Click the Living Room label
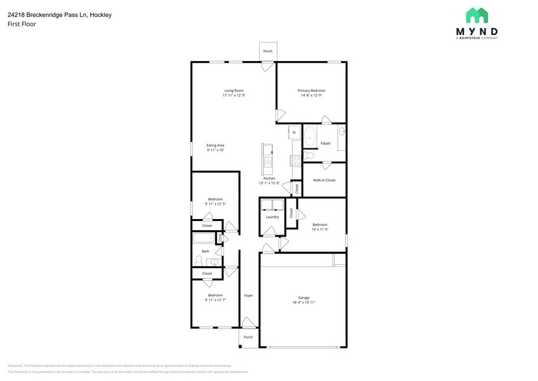click(x=234, y=90)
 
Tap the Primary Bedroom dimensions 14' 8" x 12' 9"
click(x=311, y=96)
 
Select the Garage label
click(x=304, y=297)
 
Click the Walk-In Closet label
click(x=324, y=180)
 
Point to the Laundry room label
click(x=273, y=217)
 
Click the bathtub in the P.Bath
click(x=311, y=137)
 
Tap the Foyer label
click(x=249, y=295)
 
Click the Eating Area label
click(x=216, y=145)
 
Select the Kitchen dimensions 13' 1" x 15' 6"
click(x=269, y=183)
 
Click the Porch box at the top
click(x=267, y=51)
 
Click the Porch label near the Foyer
click(x=248, y=338)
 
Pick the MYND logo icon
click(x=477, y=16)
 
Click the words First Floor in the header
click(x=22, y=24)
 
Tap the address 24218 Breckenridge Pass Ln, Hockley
click(x=60, y=14)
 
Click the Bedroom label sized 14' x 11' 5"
click(x=320, y=225)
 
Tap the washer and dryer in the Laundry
click(x=273, y=206)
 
